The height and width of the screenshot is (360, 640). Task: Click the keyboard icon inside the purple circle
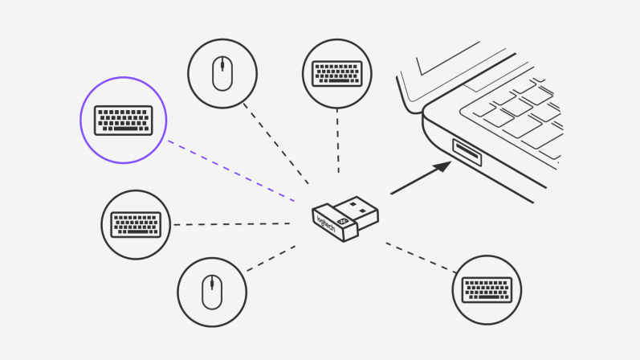tap(123, 121)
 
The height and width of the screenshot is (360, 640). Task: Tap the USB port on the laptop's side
tap(467, 152)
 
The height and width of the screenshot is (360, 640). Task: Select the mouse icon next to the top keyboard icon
tap(222, 72)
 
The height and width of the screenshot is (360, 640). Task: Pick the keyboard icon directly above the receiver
tap(336, 72)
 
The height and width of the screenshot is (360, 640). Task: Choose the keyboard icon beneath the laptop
tap(487, 289)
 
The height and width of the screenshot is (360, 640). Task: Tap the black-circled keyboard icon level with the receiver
tap(136, 224)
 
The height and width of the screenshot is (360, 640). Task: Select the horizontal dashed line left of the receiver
tap(233, 224)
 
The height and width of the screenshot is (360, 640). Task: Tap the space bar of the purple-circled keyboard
tap(123, 129)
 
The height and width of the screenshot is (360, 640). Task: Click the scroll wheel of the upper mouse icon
tap(222, 67)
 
